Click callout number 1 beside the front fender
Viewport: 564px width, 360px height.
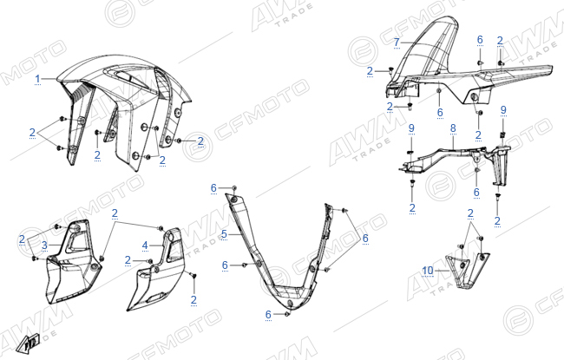coord(38,79)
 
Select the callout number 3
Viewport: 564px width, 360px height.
coord(44,245)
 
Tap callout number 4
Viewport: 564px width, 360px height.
coord(145,245)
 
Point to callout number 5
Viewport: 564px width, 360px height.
coord(224,234)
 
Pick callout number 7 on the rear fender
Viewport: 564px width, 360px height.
coord(397,43)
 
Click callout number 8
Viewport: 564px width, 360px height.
coord(453,128)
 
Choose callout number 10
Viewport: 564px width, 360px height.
coord(428,270)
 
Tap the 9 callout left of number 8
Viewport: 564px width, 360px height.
coord(411,128)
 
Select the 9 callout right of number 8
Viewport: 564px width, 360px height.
coord(503,110)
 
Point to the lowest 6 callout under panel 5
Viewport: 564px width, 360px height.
coord(268,315)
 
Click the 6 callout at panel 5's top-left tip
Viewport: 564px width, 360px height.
coord(213,187)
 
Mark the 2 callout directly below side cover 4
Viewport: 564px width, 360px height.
coord(193,300)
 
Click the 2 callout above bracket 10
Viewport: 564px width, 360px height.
coord(470,213)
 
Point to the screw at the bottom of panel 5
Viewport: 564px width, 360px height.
coord(287,314)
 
